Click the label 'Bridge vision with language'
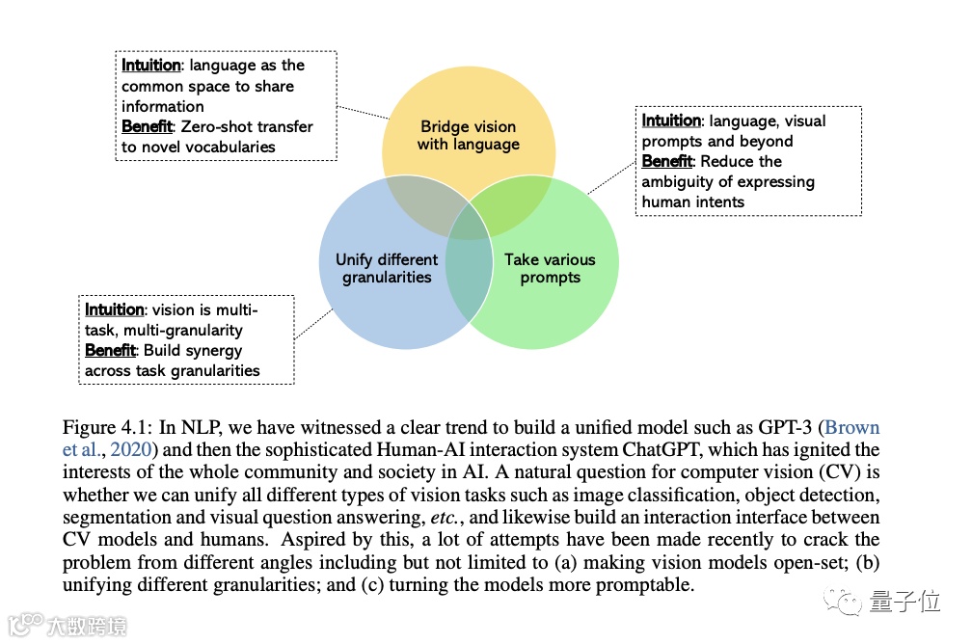468,136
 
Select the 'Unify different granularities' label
387,269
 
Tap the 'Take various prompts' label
550,269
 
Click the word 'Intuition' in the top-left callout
150,66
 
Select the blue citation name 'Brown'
853,428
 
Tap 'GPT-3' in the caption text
779,428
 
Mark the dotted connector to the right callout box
609,177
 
